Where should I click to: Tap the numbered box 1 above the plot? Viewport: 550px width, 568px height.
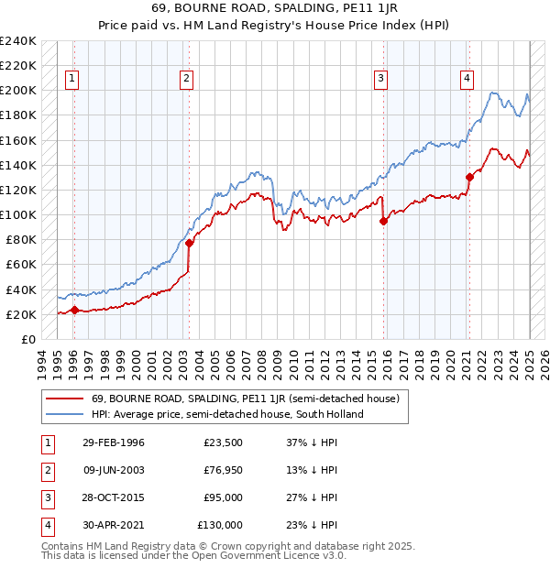tap(72, 79)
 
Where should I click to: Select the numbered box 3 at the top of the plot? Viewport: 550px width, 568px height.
tap(379, 79)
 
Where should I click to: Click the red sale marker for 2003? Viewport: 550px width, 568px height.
tap(189, 243)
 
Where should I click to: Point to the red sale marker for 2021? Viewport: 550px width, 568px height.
tap(469, 177)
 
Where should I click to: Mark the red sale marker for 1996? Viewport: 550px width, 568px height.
tap(74, 310)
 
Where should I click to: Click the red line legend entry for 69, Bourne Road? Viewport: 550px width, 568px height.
tap(245, 399)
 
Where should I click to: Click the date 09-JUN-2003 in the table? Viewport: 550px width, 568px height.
tap(113, 470)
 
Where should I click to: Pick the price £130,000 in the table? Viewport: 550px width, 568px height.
tap(220, 525)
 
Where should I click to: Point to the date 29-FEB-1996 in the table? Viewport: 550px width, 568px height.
tap(113, 442)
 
